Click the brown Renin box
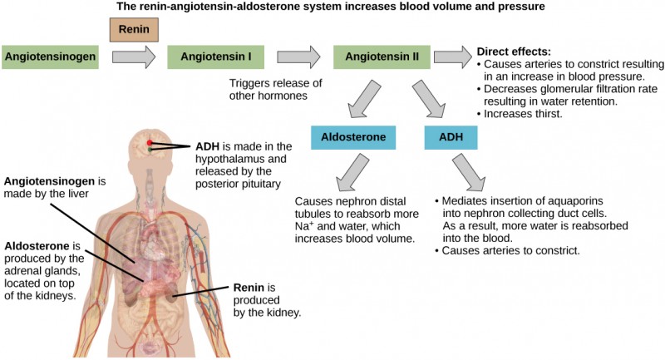coord(134,29)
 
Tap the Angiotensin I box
coord(215,57)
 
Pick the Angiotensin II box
coord(382,57)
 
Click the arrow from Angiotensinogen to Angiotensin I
coord(134,57)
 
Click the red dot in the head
coord(150,144)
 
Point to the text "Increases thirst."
coord(524,113)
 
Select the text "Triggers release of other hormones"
coord(270,89)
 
